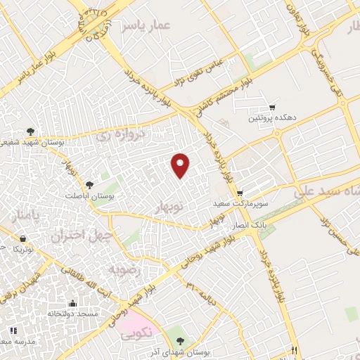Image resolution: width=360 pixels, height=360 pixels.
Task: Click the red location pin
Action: pos(181,165)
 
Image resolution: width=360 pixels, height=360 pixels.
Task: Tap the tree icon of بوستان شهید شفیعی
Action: pos(30,131)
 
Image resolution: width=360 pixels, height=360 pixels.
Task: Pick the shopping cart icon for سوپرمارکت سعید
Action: pos(240,193)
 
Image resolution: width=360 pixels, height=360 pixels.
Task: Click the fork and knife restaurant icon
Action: pos(295,349)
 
